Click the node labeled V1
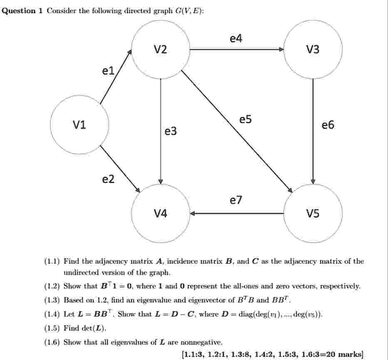(x=79, y=124)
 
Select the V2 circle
(x=161, y=50)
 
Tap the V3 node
(x=313, y=50)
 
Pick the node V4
(x=161, y=214)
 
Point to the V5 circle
(x=313, y=214)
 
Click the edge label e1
(x=108, y=71)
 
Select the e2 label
(x=108, y=179)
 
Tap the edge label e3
(x=171, y=131)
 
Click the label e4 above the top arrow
(x=236, y=38)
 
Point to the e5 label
(x=245, y=119)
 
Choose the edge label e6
(x=328, y=125)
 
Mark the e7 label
(x=236, y=200)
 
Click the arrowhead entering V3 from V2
(x=282, y=50)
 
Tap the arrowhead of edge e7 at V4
(x=193, y=214)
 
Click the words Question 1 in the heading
(x=22, y=11)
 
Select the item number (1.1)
(x=52, y=261)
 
